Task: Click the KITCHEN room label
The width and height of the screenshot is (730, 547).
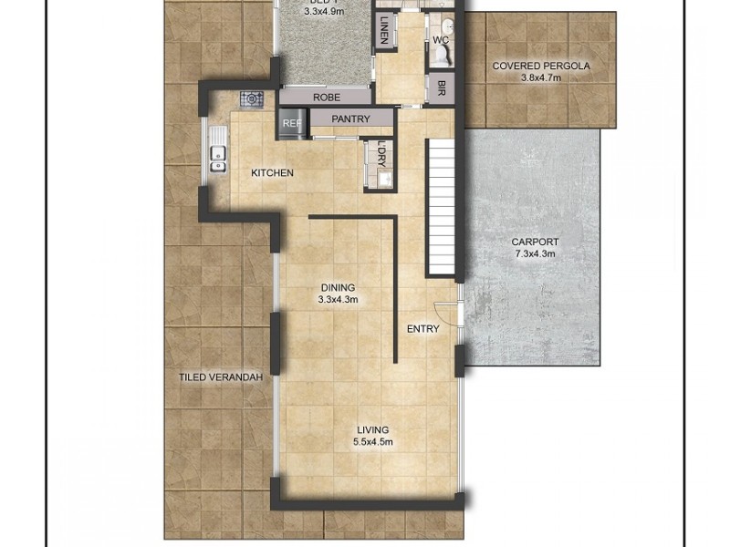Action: tap(272, 173)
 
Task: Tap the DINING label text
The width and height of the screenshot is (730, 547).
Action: tap(338, 288)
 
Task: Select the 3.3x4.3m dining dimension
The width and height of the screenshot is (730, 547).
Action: tap(338, 300)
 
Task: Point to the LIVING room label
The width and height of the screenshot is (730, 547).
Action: tap(372, 430)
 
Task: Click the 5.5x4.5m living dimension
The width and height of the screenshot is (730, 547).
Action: tap(372, 443)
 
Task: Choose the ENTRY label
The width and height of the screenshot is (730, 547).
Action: tap(422, 329)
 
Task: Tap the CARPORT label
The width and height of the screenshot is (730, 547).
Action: tap(535, 243)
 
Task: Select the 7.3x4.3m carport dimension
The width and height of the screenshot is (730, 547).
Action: tap(535, 254)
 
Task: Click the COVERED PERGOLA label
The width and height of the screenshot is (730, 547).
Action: tap(541, 67)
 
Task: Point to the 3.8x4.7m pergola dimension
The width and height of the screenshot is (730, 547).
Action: tap(541, 78)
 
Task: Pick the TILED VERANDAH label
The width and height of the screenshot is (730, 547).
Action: tap(221, 377)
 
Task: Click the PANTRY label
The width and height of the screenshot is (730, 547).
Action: tap(350, 119)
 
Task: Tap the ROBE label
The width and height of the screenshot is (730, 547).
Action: tap(326, 98)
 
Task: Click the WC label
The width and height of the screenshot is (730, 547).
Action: tap(441, 40)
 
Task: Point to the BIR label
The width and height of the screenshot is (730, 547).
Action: tap(442, 88)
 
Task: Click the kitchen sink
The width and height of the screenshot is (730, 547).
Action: tap(217, 159)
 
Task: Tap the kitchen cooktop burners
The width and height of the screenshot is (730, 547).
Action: tap(252, 98)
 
